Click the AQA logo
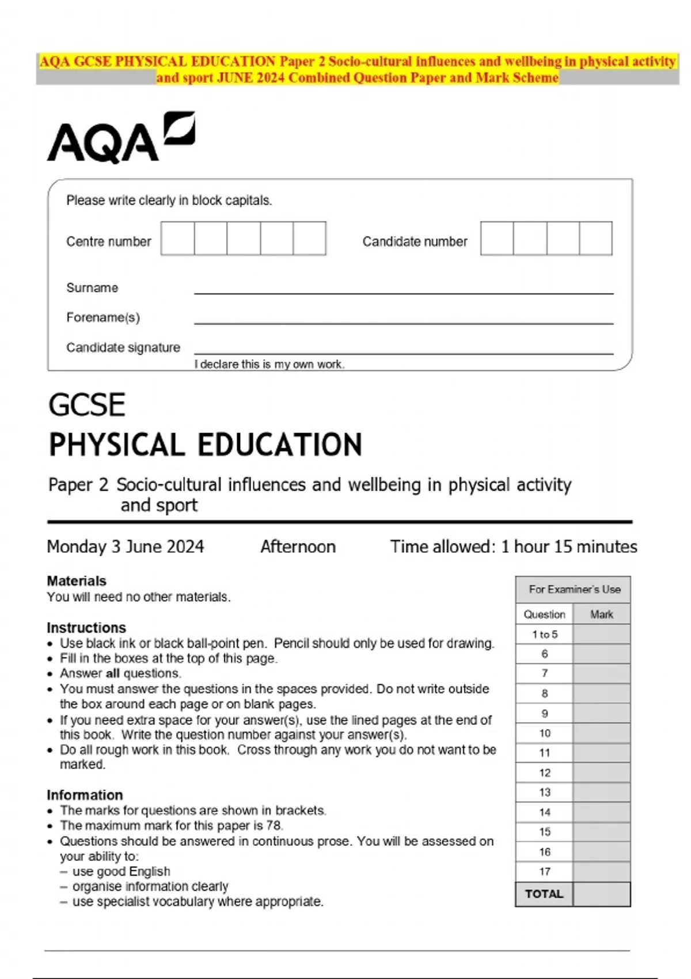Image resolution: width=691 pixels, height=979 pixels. pos(121,138)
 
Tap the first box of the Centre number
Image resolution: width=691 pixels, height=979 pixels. pos(177,238)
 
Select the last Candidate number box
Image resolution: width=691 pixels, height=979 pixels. pos(595,238)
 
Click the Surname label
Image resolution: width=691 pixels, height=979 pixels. pos(92,288)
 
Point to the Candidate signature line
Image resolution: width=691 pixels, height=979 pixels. pos(403,352)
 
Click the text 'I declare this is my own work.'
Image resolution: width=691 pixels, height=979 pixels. pos(269,365)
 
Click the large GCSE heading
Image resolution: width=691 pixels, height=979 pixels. pos(87,405)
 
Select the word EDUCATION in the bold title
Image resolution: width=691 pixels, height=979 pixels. pos(280,445)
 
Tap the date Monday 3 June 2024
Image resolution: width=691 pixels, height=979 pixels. pos(126,547)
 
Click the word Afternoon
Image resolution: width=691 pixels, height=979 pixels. pos(298,547)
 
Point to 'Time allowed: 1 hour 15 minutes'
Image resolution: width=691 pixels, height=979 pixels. pos(514,547)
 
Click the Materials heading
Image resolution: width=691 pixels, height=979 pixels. pos(77,580)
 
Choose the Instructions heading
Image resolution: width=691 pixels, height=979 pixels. pos(86,628)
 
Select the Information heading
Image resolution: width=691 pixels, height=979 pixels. pos(85,795)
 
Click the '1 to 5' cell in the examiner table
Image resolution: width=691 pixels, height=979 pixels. pos(544,634)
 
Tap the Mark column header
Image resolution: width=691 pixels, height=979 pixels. pos(601,614)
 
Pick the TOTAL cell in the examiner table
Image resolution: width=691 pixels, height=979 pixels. pos(544,894)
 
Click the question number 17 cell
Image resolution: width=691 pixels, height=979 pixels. pos(544,871)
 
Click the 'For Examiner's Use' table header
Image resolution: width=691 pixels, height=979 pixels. pos(574,590)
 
